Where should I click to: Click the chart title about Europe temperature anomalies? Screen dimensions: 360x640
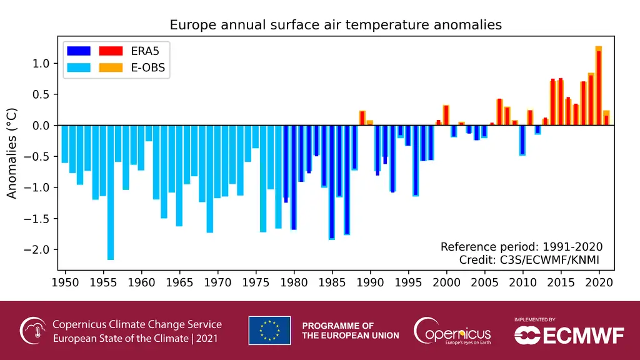pos(336,25)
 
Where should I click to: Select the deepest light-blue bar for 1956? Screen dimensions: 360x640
pos(111,192)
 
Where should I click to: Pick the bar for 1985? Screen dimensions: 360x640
pos(332,182)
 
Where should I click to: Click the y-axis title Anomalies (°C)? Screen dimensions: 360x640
pos(12,154)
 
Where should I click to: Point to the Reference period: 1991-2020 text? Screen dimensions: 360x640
pos(521,246)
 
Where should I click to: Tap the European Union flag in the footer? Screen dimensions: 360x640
pos(269,331)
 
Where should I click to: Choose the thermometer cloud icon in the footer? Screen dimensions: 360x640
pos(32,331)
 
